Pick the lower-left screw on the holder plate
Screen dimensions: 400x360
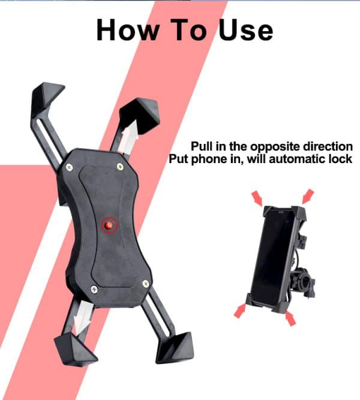click(94, 290)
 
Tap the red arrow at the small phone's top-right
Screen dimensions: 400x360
click(308, 196)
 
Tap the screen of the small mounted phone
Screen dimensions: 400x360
click(275, 258)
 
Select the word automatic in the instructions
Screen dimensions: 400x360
click(296, 160)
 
